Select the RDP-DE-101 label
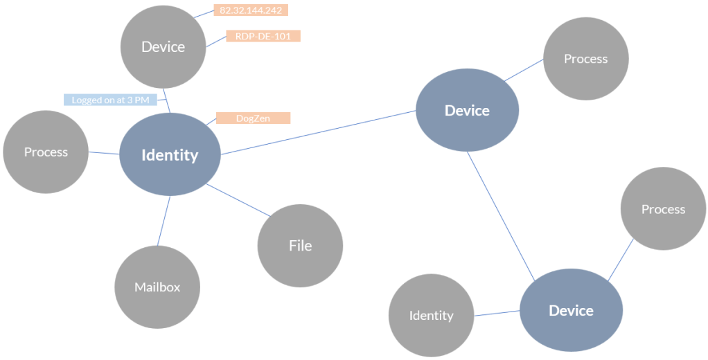[263, 36]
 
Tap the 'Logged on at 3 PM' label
[110, 100]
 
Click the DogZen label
[253, 118]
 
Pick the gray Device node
[163, 47]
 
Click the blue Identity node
[170, 155]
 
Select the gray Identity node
[431, 316]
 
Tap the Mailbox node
[157, 287]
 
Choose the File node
[300, 246]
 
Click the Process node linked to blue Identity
[46, 152]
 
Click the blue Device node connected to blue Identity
[467, 111]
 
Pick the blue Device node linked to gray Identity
[571, 311]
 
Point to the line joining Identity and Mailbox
[164, 220]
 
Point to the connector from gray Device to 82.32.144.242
[204, 15]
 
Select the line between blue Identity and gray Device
[167, 102]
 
